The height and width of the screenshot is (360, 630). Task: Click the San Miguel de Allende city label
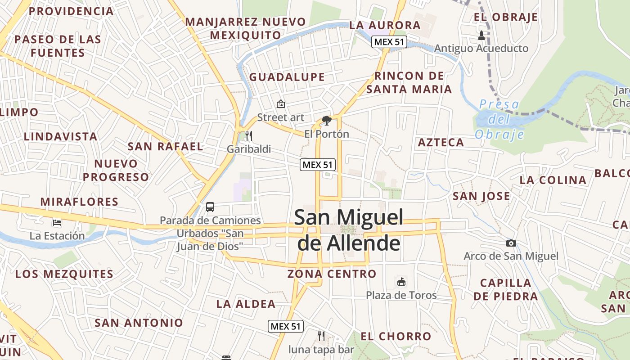[x=349, y=230]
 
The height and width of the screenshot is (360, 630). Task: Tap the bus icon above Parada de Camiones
[x=210, y=207]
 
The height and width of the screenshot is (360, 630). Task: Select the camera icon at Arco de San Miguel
[x=511, y=243]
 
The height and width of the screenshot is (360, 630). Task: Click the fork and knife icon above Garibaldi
[x=249, y=136]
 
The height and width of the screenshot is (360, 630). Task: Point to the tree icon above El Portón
[x=327, y=121]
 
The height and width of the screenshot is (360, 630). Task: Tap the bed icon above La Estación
[x=57, y=222]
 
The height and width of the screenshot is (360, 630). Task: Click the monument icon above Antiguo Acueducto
[x=481, y=35]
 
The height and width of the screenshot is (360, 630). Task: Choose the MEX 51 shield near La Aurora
[x=389, y=42]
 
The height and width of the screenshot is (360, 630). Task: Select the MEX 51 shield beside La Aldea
[x=286, y=326]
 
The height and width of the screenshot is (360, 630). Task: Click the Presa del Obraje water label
[x=499, y=119]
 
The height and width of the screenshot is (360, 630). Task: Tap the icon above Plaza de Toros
[x=401, y=282]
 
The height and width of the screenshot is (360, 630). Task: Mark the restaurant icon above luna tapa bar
[x=321, y=336]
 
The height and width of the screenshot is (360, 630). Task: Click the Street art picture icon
[x=281, y=104]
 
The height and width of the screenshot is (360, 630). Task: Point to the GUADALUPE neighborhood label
[x=287, y=77]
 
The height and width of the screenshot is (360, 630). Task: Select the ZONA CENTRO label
[x=332, y=274]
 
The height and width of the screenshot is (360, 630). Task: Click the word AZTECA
[x=441, y=143]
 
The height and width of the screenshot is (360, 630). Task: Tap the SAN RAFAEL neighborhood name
[x=166, y=146]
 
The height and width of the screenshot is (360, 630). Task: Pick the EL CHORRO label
[x=396, y=336]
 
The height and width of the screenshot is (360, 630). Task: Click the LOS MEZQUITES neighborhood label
[x=64, y=274]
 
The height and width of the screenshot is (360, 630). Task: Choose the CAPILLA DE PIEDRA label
[x=506, y=289]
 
